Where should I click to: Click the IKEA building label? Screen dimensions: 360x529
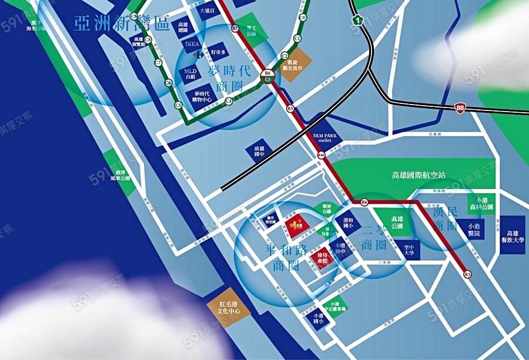click(x=192, y=44)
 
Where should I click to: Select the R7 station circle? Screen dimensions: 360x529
click(x=235, y=28)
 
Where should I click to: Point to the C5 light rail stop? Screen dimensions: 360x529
click(x=178, y=105)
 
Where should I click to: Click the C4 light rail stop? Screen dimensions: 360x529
click(x=228, y=101)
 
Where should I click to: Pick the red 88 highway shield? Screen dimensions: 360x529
click(x=460, y=107)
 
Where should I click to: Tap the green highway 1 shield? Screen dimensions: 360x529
click(x=356, y=21)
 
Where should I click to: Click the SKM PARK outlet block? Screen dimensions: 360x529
click(x=322, y=137)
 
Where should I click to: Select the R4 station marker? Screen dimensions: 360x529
click(x=364, y=203)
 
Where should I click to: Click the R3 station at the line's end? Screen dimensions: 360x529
click(x=468, y=274)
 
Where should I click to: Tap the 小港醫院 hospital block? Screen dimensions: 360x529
click(x=477, y=229)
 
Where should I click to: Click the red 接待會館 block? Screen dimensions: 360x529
click(x=322, y=258)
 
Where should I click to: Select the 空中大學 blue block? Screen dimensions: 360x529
click(x=409, y=250)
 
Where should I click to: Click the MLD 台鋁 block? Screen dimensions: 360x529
click(x=189, y=74)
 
